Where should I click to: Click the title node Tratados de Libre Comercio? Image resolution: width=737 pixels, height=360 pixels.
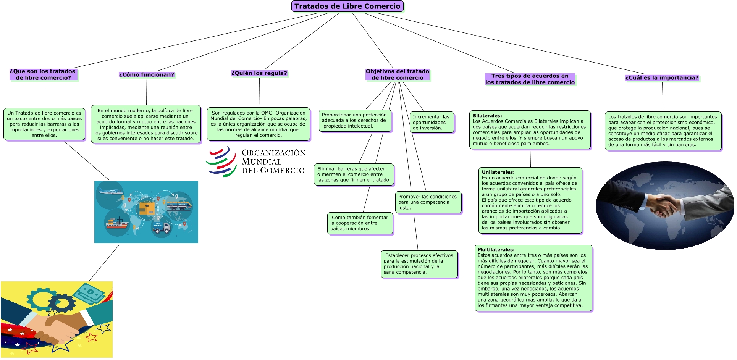click(347, 6)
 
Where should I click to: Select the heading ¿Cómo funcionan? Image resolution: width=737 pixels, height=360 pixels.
click(146, 75)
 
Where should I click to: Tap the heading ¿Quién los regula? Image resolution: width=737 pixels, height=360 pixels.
click(259, 73)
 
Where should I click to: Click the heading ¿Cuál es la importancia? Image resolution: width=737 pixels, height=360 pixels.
click(662, 78)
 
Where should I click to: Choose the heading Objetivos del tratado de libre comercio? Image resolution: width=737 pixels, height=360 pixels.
click(397, 74)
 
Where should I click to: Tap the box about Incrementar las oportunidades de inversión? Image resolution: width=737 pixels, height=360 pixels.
click(432, 123)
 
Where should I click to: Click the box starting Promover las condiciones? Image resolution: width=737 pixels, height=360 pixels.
click(428, 202)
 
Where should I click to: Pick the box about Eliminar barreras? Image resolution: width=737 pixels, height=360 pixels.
click(354, 174)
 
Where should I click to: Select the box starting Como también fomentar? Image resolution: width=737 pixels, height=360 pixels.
click(360, 223)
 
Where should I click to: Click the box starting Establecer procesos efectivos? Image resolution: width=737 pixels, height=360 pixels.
click(419, 264)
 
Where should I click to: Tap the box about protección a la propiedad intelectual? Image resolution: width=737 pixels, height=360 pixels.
click(355, 121)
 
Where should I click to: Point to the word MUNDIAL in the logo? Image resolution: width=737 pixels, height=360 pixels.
click(262, 162)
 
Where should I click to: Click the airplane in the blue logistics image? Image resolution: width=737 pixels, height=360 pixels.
click(110, 191)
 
